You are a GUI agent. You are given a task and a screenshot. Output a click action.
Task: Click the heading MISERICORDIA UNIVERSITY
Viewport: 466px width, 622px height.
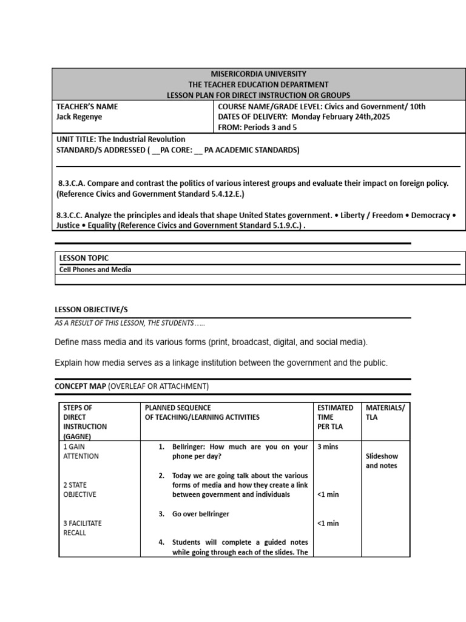point(259,73)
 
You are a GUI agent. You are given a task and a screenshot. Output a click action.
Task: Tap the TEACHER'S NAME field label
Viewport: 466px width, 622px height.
point(87,106)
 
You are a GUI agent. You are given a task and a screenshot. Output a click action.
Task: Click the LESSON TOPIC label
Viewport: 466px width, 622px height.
point(84,258)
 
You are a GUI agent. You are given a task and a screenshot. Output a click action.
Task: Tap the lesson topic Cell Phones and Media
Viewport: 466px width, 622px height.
point(95,270)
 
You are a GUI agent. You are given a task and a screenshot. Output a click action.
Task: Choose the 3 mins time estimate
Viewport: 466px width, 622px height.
point(328,446)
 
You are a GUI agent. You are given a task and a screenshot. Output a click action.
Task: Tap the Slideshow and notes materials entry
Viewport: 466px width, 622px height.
point(382,461)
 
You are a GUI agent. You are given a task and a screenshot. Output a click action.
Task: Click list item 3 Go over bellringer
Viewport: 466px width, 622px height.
point(200,514)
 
